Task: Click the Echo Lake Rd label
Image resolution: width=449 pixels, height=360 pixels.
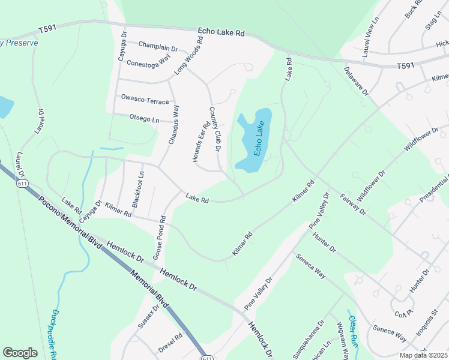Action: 222,32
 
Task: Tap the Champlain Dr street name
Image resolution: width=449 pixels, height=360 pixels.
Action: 158,46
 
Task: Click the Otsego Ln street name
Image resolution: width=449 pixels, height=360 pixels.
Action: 144,119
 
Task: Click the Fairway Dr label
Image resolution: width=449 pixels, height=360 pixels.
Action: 352,203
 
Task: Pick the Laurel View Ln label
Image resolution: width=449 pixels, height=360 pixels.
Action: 370,37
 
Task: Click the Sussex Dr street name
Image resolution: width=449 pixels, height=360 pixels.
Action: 148,317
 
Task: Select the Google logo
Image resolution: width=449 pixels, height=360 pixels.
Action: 20,353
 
